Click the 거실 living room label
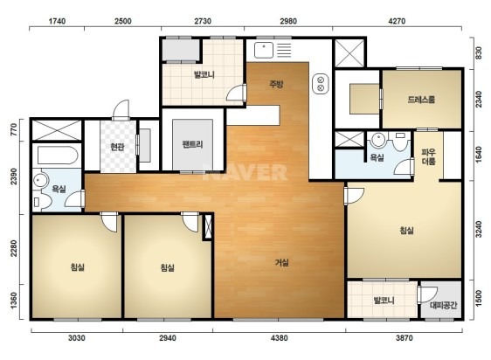tap(282, 262)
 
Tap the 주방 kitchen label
tap(276, 84)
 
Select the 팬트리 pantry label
tap(192, 144)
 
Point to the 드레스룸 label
tap(421, 100)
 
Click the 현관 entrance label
tap(117, 147)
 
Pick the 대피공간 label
tap(443, 305)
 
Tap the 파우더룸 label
tap(428, 157)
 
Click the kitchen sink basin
tap(264, 50)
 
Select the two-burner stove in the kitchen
tap(321, 84)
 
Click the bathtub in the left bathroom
tap(58, 156)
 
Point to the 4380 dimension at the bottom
tap(280, 338)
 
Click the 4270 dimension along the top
tap(397, 21)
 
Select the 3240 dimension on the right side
tap(479, 229)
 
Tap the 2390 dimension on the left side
tap(14, 177)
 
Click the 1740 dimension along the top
tap(57, 21)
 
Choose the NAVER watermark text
tap(245, 172)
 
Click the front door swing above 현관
tap(121, 110)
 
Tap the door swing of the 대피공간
tap(427, 294)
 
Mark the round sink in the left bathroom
tap(40, 181)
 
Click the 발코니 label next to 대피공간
tap(384, 301)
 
